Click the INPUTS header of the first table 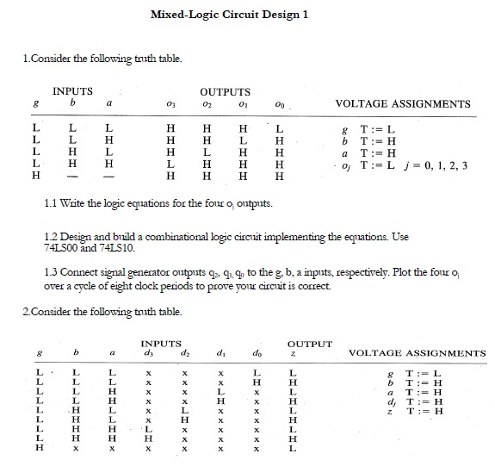[x=73, y=90]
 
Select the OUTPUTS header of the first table [x=225, y=90]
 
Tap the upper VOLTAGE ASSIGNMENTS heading [x=402, y=104]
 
